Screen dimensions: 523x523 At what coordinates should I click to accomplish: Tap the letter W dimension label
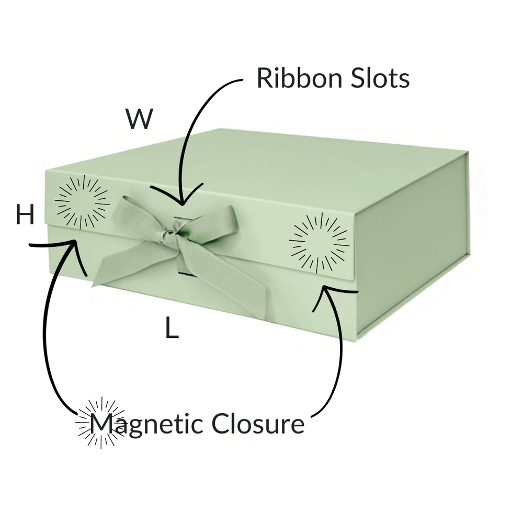[139, 119]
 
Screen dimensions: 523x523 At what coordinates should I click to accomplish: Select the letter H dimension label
[25, 215]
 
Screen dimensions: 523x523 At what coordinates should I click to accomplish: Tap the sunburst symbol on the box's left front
[82, 202]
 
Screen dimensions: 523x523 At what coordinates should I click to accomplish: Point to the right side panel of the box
[413, 246]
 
